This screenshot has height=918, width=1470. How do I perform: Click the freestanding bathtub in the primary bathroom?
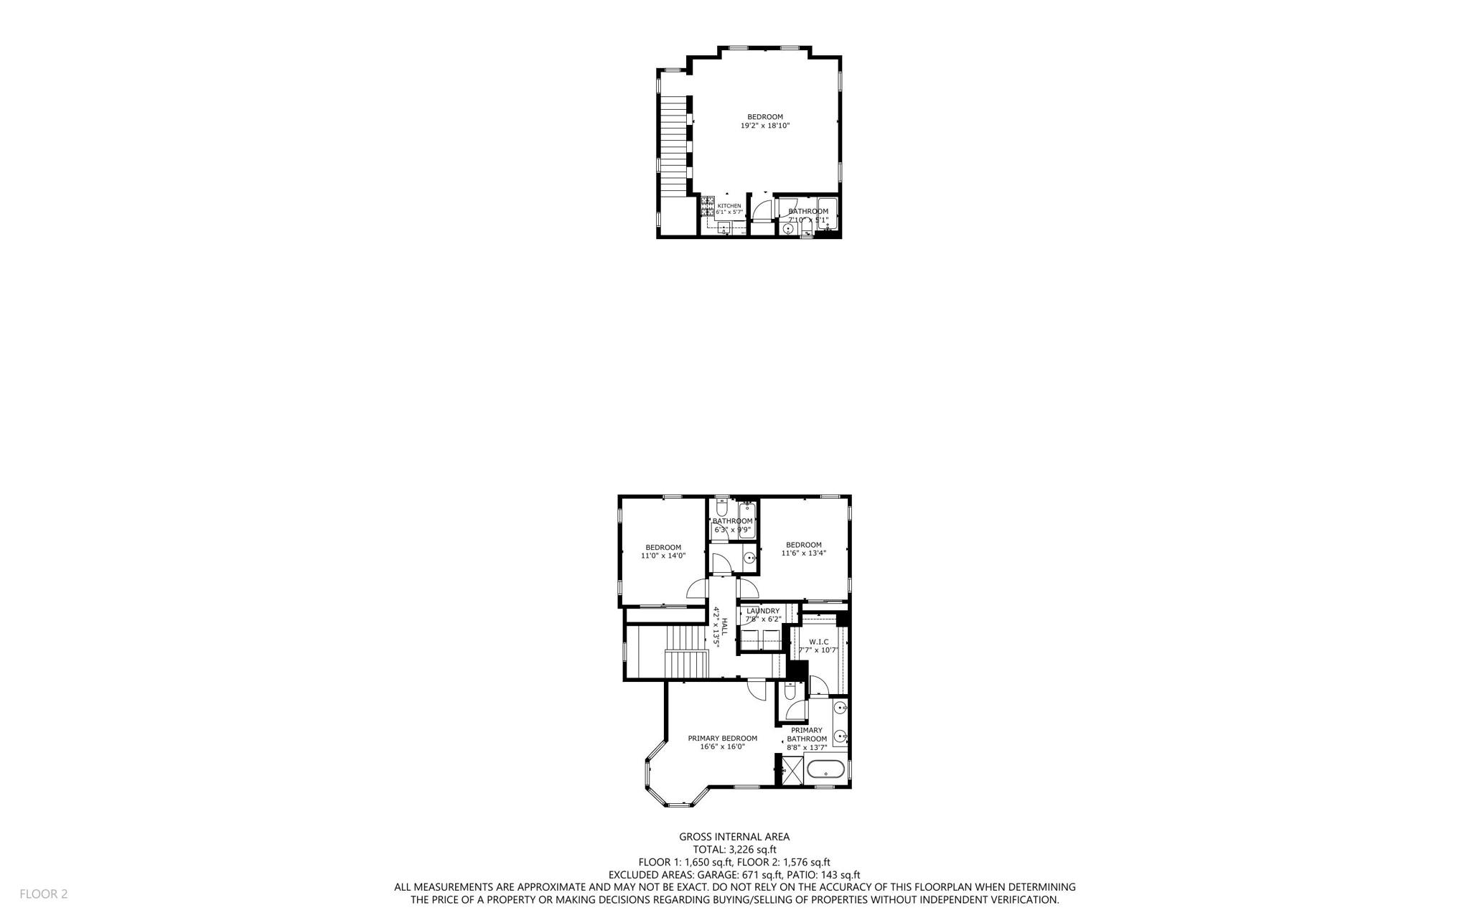pos(825,769)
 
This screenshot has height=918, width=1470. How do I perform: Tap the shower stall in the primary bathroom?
pos(792,770)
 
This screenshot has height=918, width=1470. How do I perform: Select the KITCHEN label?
pos(729,206)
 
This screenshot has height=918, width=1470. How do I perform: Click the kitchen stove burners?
pos(708,205)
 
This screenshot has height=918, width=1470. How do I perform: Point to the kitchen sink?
pos(725,229)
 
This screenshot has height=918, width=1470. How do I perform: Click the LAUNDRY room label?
pos(762,611)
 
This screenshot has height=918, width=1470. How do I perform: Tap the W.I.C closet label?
pos(818,642)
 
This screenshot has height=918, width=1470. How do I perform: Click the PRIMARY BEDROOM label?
pos(722,738)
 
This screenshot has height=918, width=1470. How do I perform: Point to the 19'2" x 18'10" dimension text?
pos(764,126)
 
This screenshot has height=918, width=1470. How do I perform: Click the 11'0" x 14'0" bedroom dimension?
pos(663,556)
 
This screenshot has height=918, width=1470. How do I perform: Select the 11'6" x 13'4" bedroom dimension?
pos(803,553)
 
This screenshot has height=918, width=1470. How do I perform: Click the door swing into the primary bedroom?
pos(757,689)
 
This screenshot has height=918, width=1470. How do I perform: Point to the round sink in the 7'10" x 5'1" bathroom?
pos(788,228)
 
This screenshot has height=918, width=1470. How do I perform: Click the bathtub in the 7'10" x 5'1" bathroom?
pos(827,214)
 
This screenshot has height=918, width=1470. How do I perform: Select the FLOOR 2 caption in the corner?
pos(43,894)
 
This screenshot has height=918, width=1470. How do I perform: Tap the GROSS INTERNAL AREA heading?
pos(734,836)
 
